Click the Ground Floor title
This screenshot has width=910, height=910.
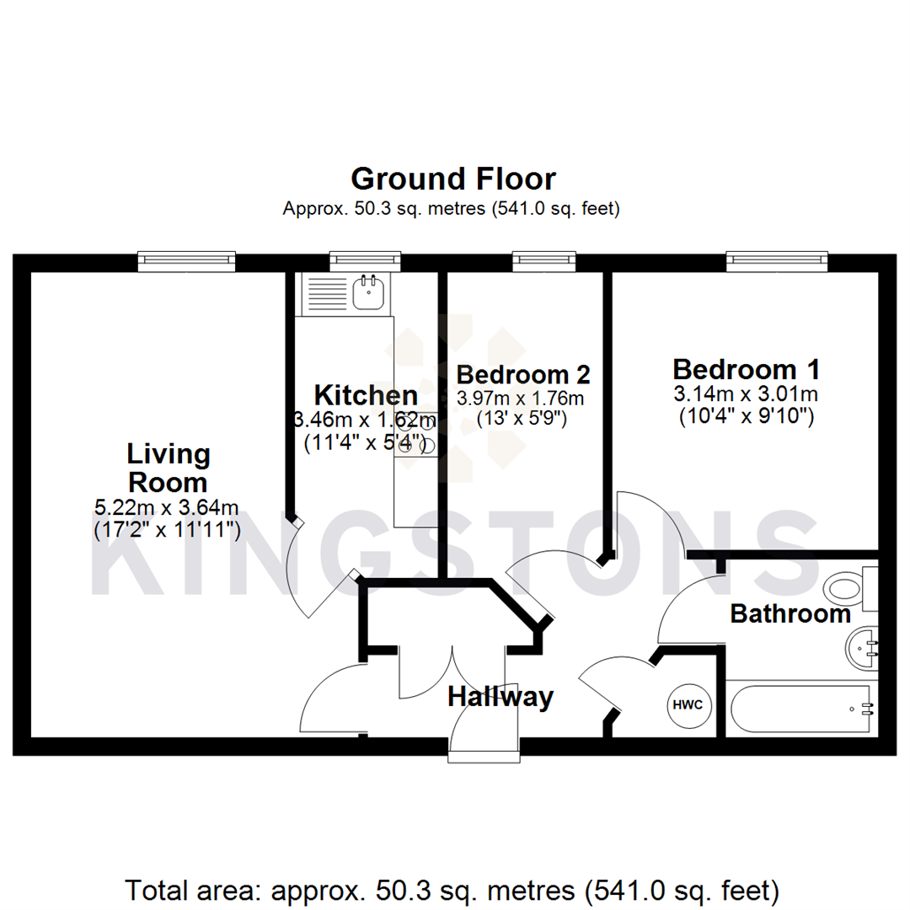[453, 179]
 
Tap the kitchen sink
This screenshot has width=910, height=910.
[370, 292]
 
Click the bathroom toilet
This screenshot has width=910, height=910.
[847, 587]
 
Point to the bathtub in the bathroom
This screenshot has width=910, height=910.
[800, 709]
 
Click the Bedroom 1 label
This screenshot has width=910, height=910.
[746, 369]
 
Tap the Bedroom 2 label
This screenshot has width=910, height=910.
[522, 374]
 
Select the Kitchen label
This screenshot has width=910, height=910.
[366, 394]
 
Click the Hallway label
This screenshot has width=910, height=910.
[500, 697]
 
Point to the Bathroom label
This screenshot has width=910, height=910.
[790, 613]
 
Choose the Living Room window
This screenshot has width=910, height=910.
[186, 261]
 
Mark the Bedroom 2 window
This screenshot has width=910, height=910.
[544, 261]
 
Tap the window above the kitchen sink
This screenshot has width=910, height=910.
[364, 261]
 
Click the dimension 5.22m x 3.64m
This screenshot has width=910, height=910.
[168, 507]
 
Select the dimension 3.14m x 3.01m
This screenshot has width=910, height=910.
[746, 393]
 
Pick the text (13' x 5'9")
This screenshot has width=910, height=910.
[522, 417]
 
